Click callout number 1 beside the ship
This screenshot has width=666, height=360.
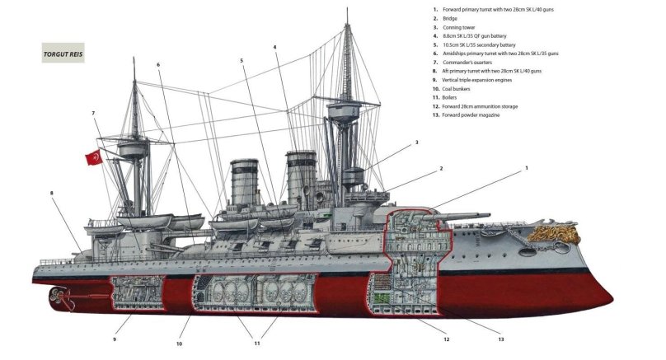[x=526, y=167]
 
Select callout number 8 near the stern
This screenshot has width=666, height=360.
[x=52, y=194]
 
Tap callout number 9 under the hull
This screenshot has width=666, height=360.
[x=115, y=339]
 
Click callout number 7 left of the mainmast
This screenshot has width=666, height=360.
[x=93, y=113]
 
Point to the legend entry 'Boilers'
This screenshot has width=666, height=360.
[x=453, y=97]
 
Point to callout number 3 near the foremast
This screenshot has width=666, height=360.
[x=416, y=143]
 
